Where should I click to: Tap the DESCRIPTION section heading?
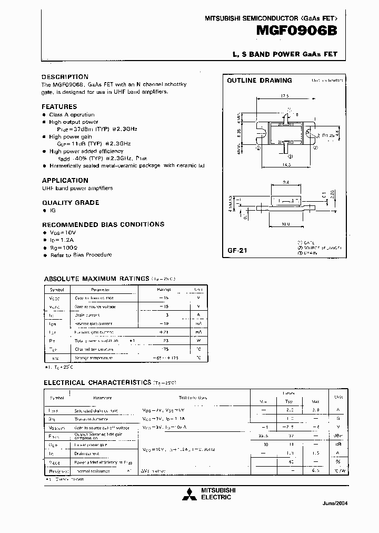(x=65, y=77)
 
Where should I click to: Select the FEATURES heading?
(x=59, y=106)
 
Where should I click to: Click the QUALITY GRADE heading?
(x=71, y=202)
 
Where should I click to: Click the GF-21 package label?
(x=237, y=251)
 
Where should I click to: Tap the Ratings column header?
(x=164, y=289)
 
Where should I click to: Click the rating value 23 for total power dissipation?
(x=164, y=341)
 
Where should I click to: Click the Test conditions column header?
(x=194, y=398)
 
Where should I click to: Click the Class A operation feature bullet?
(x=72, y=114)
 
